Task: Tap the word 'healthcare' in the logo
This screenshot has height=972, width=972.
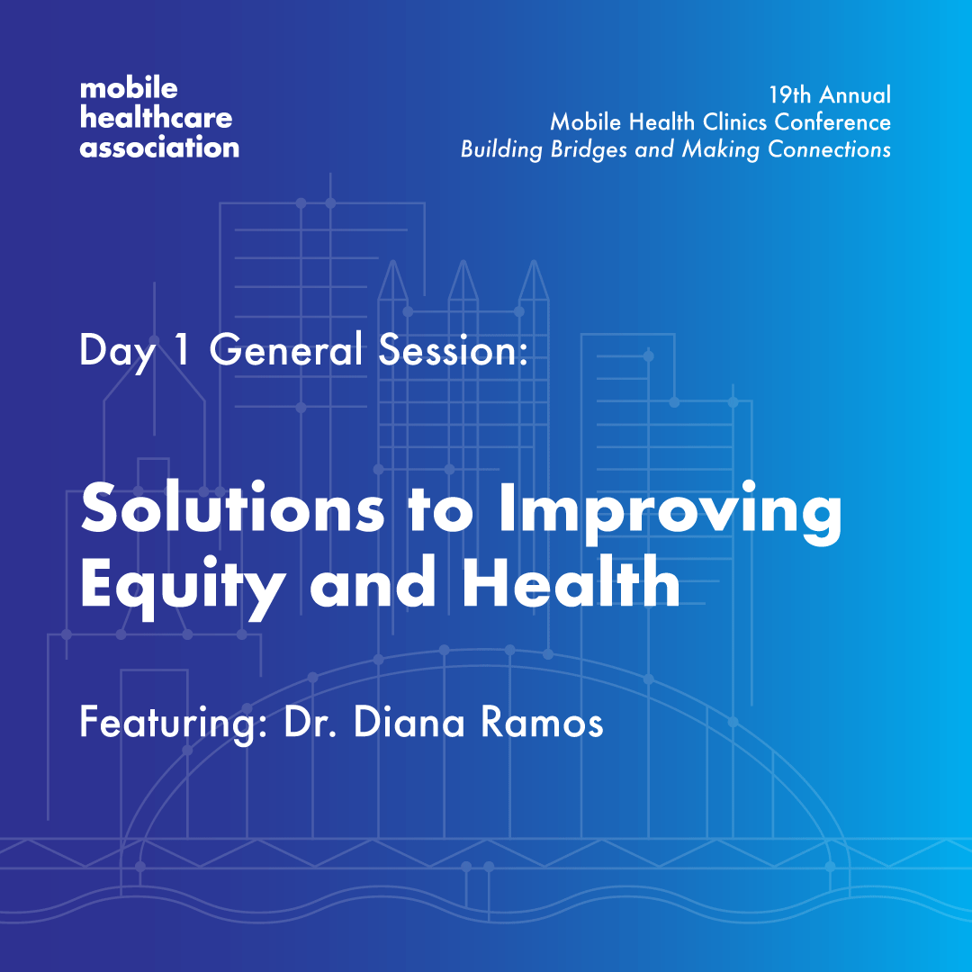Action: click(156, 118)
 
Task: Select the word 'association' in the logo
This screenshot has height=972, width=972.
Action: click(159, 147)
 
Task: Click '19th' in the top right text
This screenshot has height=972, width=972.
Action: click(789, 94)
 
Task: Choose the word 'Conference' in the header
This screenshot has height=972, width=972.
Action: click(836, 121)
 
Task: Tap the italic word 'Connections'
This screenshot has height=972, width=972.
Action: click(829, 149)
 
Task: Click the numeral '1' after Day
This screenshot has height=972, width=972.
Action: click(182, 351)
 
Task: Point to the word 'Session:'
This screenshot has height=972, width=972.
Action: click(452, 351)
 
